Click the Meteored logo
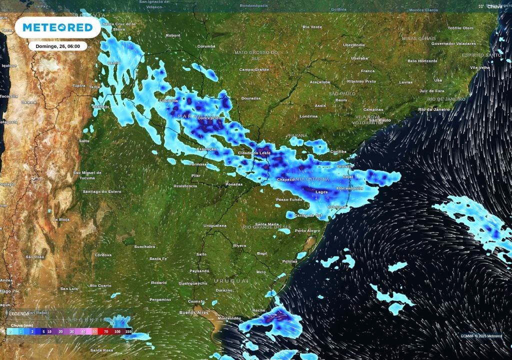[57, 27]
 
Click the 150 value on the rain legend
[128, 331]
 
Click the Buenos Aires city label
[193, 312]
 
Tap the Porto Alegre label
[307, 230]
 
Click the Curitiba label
[338, 151]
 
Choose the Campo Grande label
[254, 69]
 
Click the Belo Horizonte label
[422, 61]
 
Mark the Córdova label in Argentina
[103, 255]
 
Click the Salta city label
[84, 141]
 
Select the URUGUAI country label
[231, 281]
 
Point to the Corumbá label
[206, 46]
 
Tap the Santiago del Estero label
[102, 191]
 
